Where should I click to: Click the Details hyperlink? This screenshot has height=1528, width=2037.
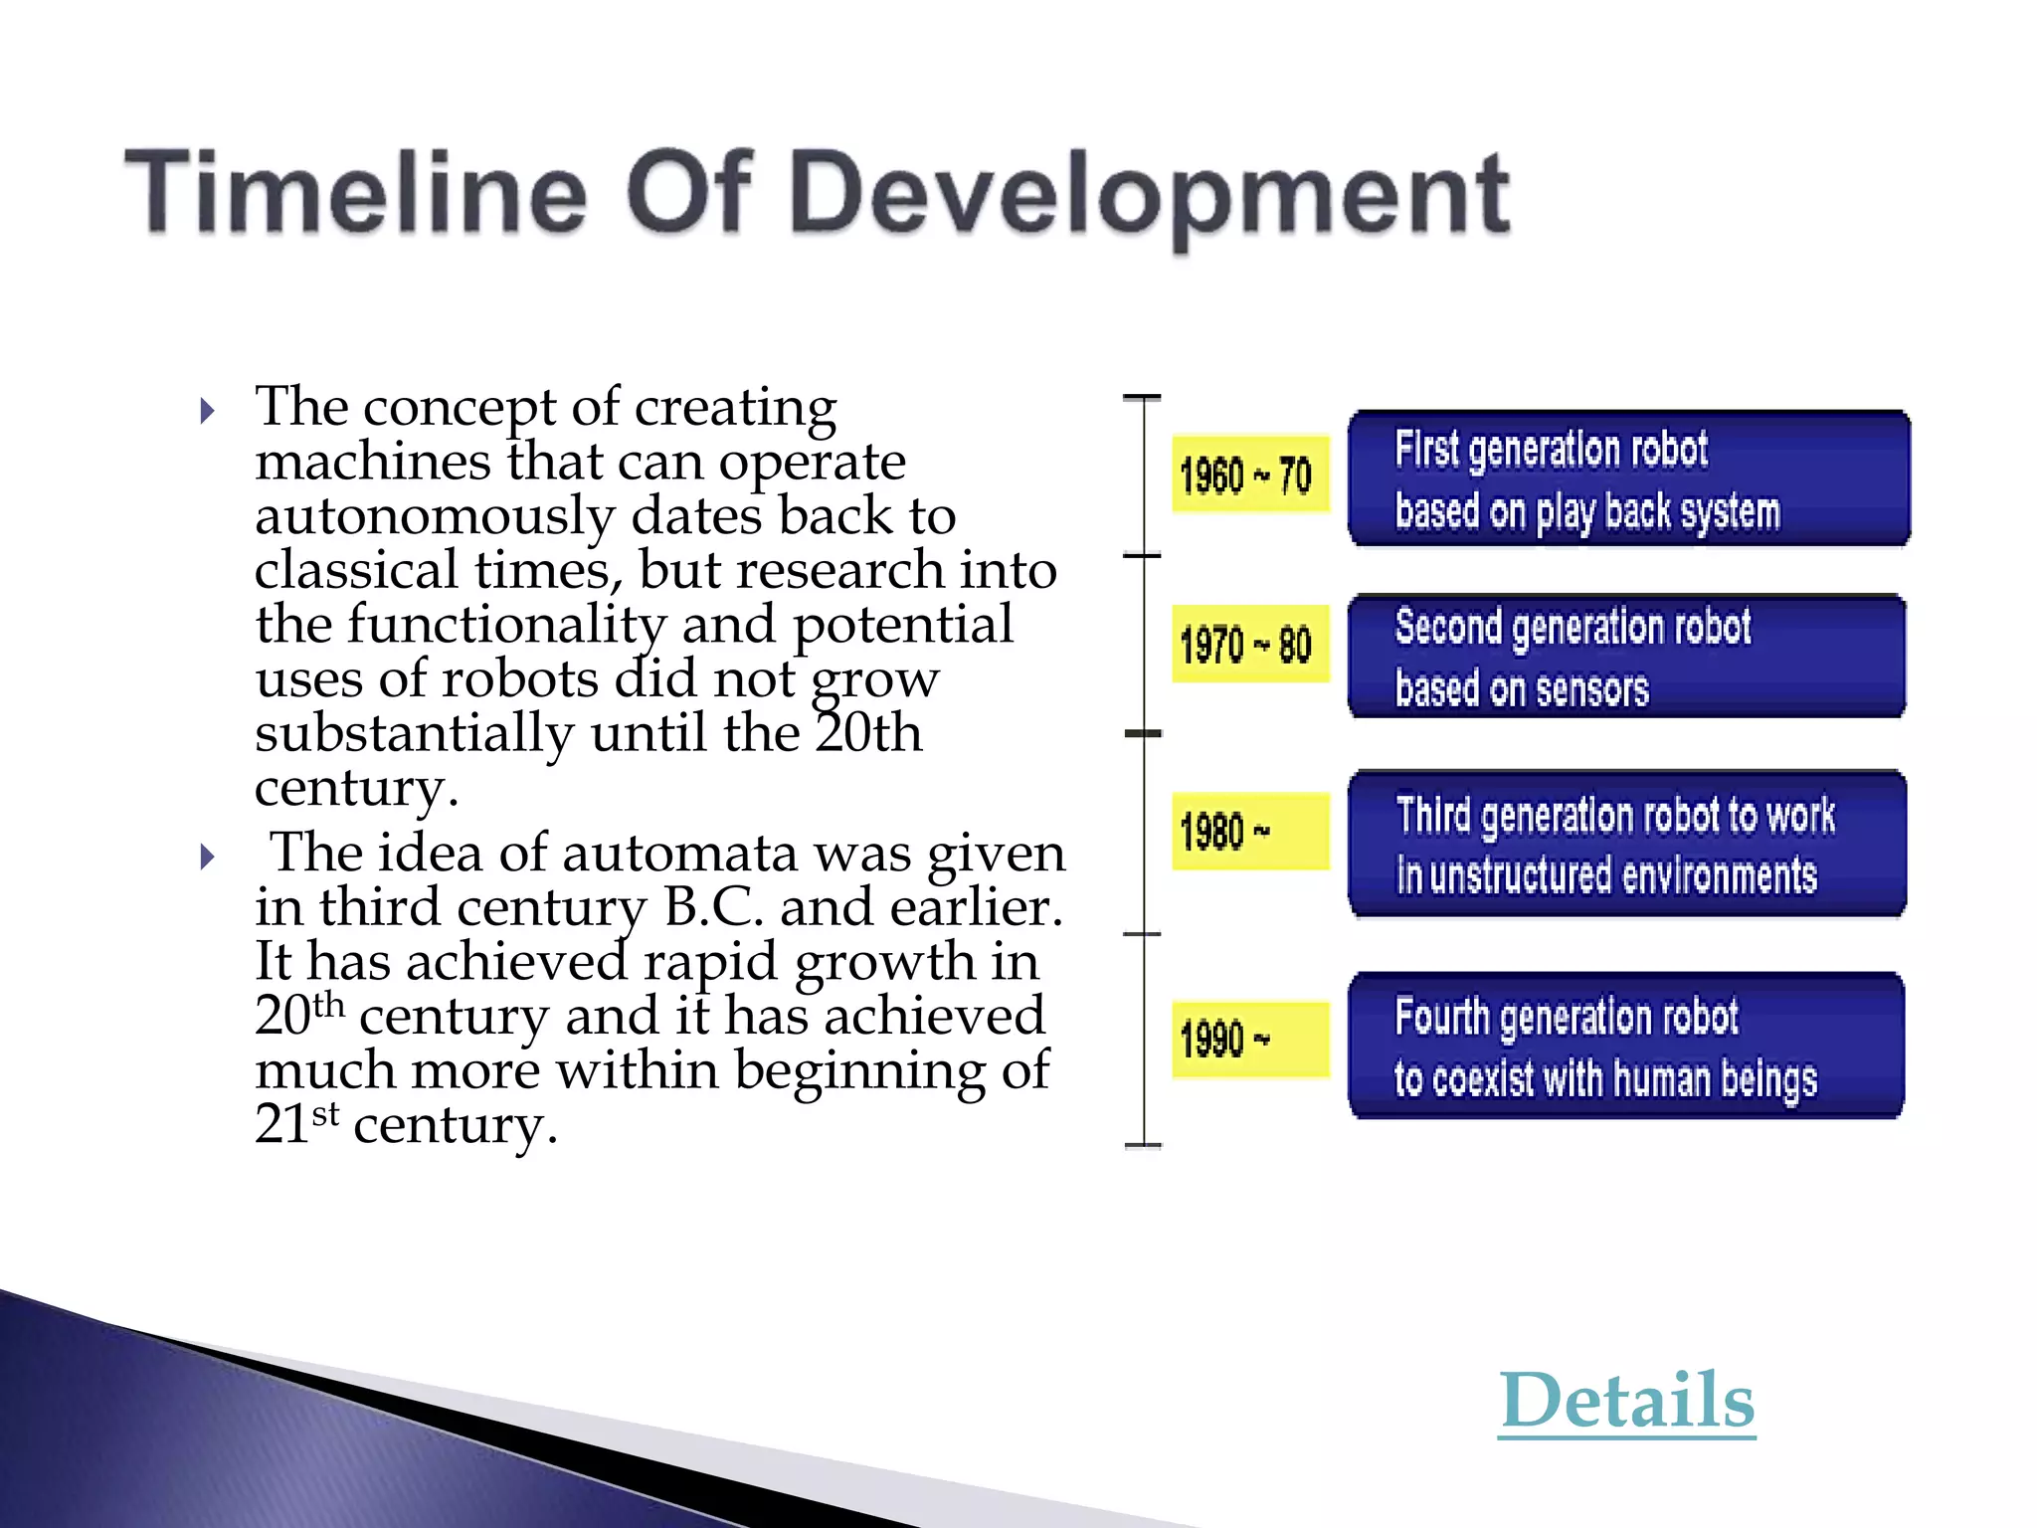tap(1626, 1401)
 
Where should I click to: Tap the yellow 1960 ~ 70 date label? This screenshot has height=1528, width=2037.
tap(1249, 475)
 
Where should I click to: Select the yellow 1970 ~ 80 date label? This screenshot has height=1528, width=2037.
tap(1249, 644)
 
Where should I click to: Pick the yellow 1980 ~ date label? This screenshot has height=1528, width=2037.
tap(1249, 832)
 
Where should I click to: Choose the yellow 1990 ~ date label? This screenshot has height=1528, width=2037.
tap(1249, 1040)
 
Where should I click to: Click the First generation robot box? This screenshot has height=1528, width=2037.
tap(1628, 478)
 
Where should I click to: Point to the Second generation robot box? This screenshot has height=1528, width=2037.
tap(1626, 657)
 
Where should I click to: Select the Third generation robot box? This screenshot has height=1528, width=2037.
tap(1626, 844)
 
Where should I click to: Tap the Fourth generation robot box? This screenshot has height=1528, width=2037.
tap(1626, 1047)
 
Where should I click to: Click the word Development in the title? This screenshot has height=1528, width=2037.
tap(1153, 195)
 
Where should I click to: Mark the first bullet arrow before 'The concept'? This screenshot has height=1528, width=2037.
tap(207, 411)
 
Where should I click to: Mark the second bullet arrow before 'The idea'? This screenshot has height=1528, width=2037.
tap(207, 857)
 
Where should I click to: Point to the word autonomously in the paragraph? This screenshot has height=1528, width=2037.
tap(435, 516)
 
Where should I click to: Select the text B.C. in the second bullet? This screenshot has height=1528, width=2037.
tap(713, 907)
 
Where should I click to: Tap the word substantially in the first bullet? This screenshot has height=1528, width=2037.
tap(414, 733)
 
